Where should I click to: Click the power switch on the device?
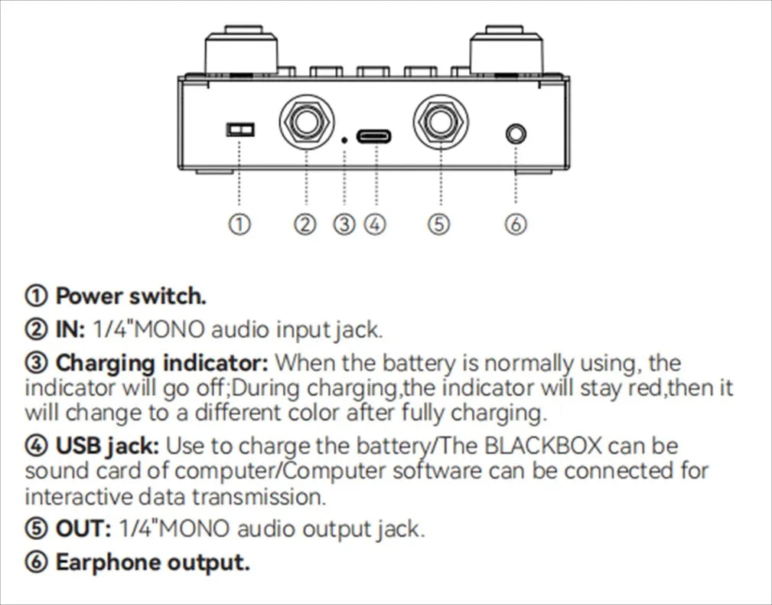pos(239,129)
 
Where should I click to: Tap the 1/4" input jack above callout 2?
pos(305,120)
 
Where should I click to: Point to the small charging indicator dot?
pos(345,139)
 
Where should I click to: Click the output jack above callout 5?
pos(441,120)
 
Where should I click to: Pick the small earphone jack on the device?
pos(516,135)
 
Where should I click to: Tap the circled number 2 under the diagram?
pos(305,224)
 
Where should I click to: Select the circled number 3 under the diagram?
pos(345,224)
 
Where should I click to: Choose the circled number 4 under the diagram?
pos(374,224)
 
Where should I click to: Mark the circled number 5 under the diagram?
pos(439,224)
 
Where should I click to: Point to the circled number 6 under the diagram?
pos(516,224)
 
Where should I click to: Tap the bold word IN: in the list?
pos(70,330)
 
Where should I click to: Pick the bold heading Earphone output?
pos(152,563)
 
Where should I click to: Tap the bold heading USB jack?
pos(108,445)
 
